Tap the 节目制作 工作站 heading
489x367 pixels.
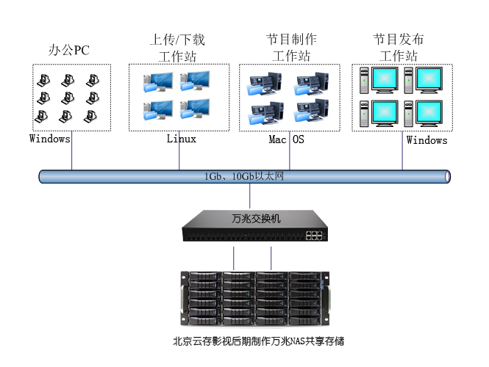[291, 47]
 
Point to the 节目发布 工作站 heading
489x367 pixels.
[399, 47]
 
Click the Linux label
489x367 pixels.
[182, 139]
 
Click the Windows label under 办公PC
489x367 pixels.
[50, 138]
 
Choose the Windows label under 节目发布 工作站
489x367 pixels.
[426, 139]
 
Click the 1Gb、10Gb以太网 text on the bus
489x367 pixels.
[243, 176]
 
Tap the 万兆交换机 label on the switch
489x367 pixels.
[251, 218]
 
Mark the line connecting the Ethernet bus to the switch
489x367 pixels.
[250, 196]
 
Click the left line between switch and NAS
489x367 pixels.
[234, 257]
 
